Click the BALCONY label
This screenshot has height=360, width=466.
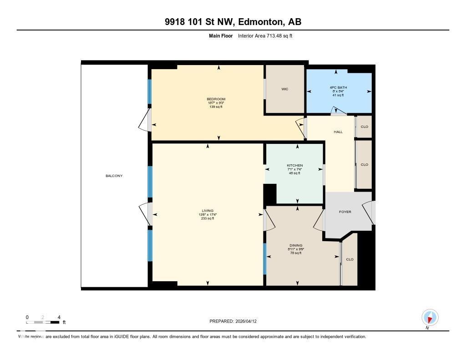pos(114,176)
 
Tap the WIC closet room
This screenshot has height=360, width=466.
pos(285,89)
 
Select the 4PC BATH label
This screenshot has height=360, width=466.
pos(338,87)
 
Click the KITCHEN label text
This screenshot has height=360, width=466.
pos(294,165)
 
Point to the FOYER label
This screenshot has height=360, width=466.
pos(345,212)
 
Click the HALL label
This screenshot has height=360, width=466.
pos(338,132)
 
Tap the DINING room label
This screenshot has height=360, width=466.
pos(295,245)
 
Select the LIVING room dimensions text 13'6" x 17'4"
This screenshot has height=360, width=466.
pos(208,214)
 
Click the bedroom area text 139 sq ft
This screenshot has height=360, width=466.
pos(216,107)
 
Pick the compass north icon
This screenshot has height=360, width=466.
pos(430,317)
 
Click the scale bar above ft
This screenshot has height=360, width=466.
pos(43,322)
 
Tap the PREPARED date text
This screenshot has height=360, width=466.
pos(236,321)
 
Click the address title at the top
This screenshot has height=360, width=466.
pos(233,22)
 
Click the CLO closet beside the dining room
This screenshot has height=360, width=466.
pos(349,259)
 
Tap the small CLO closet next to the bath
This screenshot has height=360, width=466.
pos(364,127)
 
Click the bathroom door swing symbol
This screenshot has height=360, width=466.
pos(337,111)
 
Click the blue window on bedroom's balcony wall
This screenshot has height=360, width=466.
pos(149,91)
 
